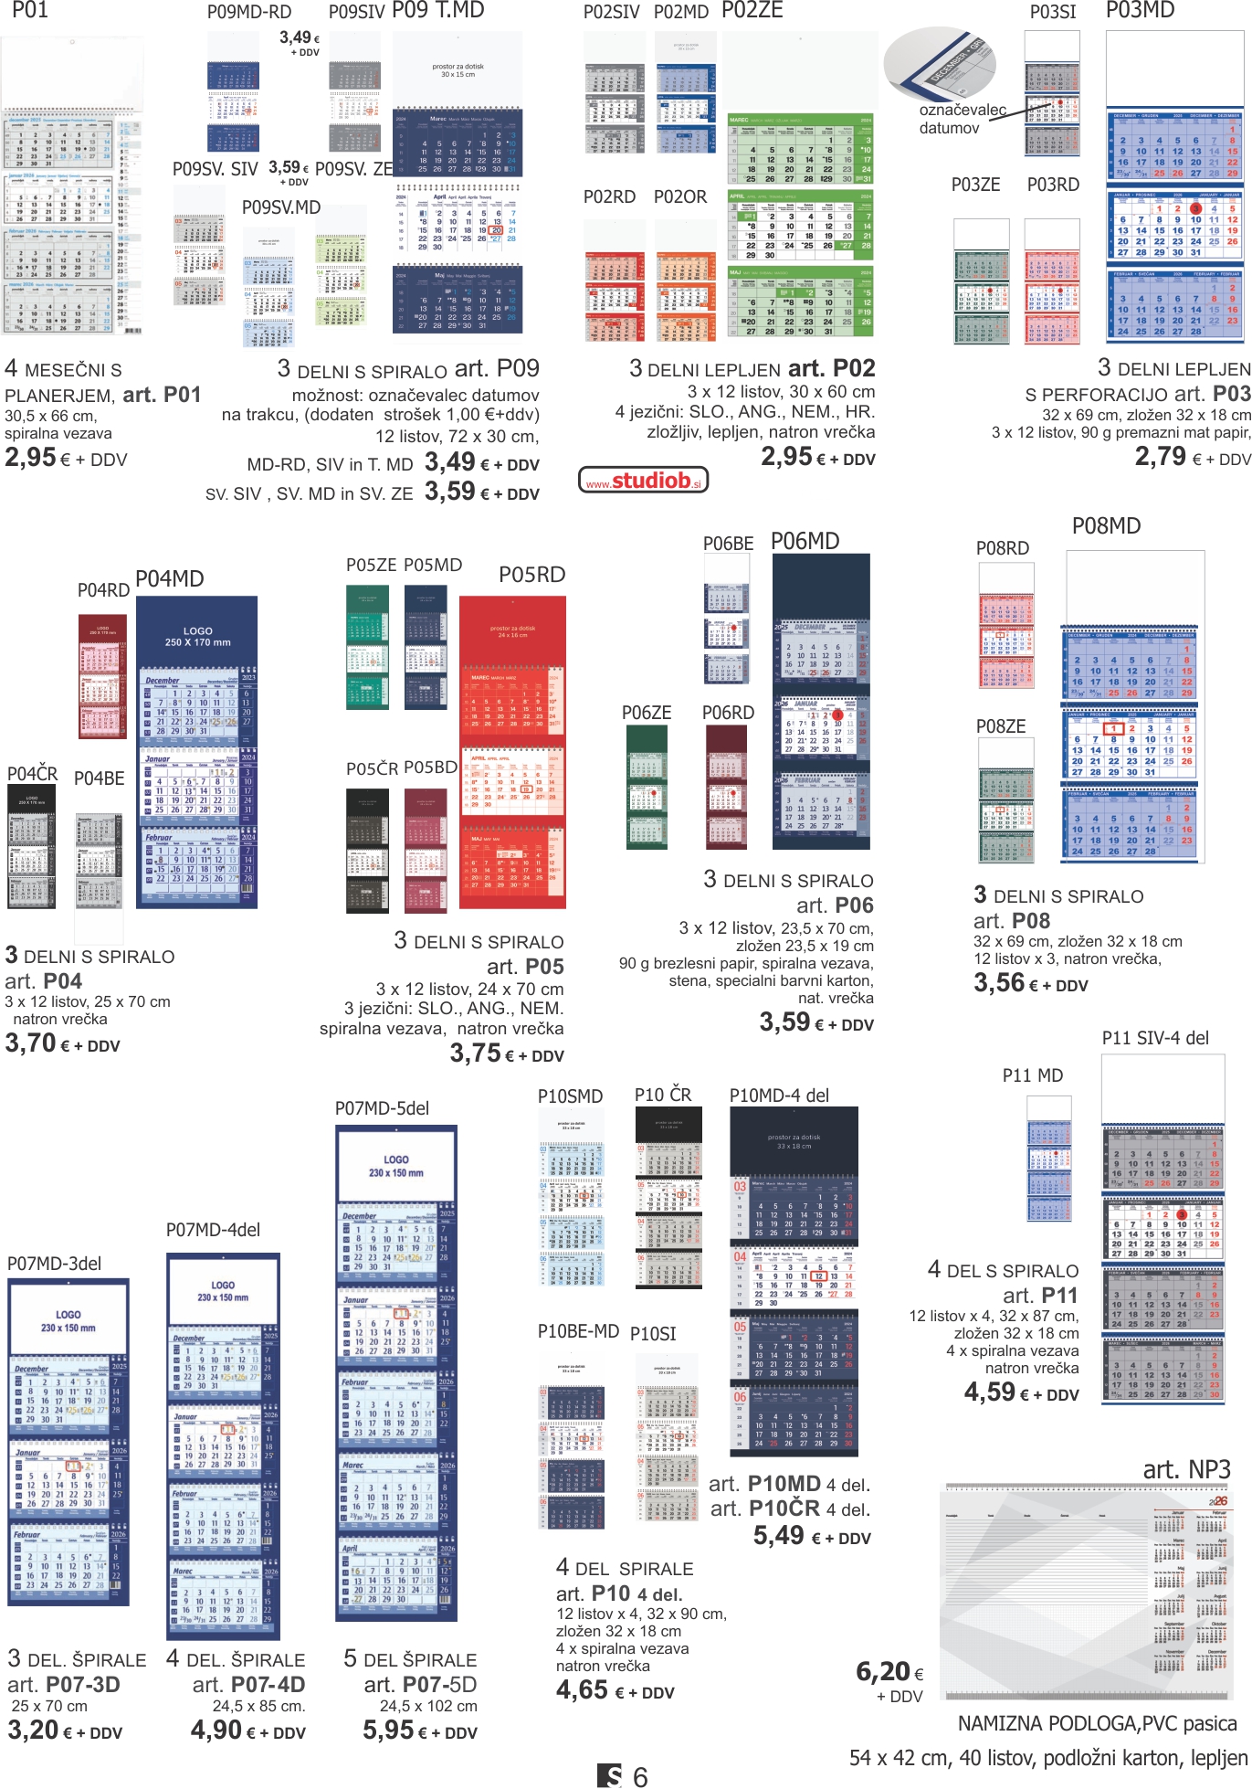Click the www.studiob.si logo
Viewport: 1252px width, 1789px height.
tap(644, 480)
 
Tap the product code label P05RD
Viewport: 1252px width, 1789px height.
tap(531, 575)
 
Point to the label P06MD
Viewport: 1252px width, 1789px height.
tap(805, 542)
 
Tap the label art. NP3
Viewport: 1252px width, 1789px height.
tap(1186, 1469)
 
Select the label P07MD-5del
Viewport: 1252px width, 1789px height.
tap(382, 1108)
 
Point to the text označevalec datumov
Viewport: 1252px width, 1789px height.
tap(962, 119)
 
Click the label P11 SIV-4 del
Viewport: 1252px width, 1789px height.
tap(1154, 1038)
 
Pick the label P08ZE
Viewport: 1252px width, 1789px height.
tap(1001, 726)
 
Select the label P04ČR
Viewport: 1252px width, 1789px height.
tap(32, 775)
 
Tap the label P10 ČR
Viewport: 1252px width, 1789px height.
tap(663, 1095)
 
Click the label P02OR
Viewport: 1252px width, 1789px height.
tap(679, 196)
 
